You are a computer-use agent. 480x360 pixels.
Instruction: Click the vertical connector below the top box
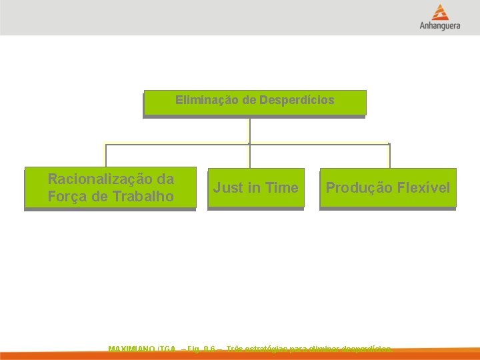[x=249, y=130]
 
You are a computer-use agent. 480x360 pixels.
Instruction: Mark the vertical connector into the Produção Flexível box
[x=389, y=155]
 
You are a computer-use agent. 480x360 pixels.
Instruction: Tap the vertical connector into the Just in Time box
[x=249, y=155]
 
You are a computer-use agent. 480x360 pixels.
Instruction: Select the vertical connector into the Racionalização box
[x=105, y=155]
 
